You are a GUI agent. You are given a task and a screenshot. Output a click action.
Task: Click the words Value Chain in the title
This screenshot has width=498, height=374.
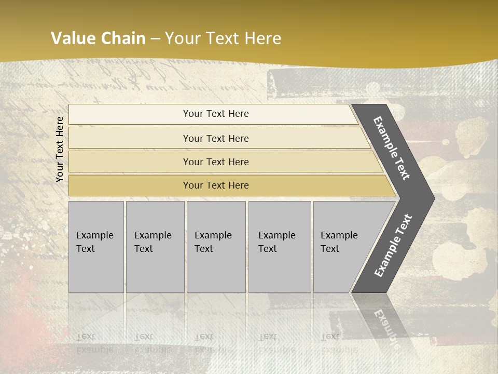[x=98, y=38]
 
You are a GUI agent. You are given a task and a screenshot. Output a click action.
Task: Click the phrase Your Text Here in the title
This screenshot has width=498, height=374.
[x=223, y=38]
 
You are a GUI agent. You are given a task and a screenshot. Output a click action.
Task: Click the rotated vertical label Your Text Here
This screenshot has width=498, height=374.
[x=60, y=149]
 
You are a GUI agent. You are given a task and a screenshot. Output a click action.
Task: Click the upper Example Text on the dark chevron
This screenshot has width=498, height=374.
[x=392, y=148]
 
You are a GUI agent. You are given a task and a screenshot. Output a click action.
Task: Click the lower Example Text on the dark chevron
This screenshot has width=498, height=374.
[x=393, y=246]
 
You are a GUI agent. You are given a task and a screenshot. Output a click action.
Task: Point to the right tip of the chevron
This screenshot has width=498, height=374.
[x=433, y=198]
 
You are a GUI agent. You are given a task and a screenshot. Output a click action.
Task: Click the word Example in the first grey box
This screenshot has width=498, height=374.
[x=94, y=235]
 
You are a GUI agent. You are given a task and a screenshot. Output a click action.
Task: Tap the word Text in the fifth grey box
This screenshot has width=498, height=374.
[x=330, y=249]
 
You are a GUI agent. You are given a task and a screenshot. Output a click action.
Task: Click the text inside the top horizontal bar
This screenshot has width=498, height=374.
[x=216, y=114]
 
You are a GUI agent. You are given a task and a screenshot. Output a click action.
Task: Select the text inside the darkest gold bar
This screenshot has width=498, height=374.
[x=216, y=185]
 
